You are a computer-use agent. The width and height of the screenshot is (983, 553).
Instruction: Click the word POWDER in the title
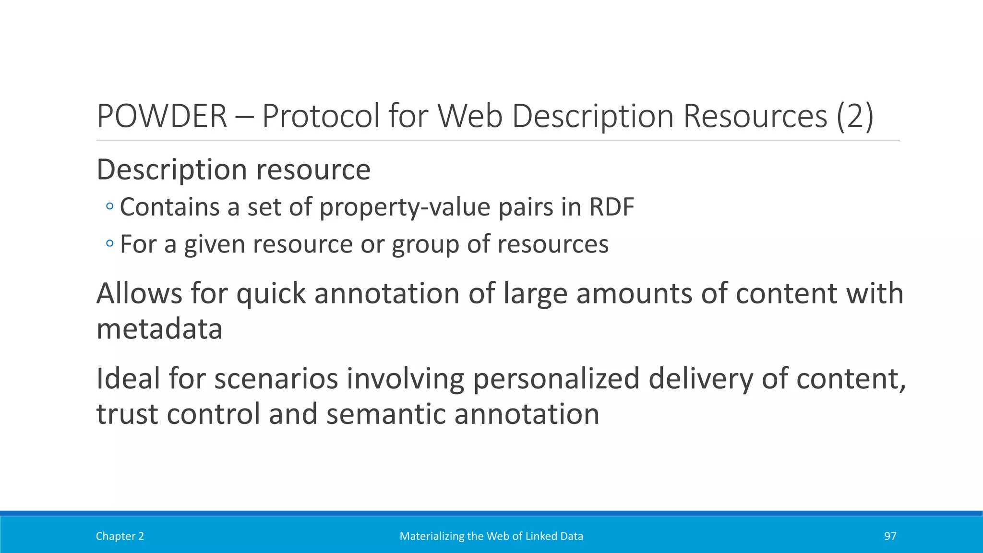click(162, 116)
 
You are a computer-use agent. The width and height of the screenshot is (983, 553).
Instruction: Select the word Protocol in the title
click(321, 116)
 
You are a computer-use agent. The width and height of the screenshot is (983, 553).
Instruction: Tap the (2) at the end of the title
click(854, 116)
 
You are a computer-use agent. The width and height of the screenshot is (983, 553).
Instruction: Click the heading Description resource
click(233, 169)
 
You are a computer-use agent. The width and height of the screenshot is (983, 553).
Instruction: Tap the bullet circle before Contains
click(110, 207)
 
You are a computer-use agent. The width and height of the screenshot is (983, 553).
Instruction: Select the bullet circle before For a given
click(110, 244)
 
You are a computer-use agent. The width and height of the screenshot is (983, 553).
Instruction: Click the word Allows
click(139, 293)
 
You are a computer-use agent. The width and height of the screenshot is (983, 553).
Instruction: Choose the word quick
click(271, 293)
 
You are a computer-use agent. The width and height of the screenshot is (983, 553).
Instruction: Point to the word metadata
click(159, 329)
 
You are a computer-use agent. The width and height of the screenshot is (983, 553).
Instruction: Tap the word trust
click(127, 414)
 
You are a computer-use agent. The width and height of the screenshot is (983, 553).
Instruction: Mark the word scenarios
click(276, 378)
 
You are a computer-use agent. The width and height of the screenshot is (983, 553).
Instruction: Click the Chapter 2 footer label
click(120, 536)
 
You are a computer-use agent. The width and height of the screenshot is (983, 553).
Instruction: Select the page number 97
click(890, 536)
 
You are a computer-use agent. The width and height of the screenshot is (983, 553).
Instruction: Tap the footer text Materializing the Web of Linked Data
click(491, 536)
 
